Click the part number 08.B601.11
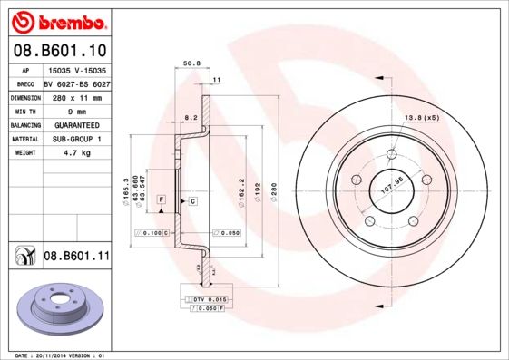(76, 258)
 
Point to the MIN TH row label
(24, 111)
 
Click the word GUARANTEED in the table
(75, 125)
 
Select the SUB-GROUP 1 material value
(75, 140)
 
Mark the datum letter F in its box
(160, 199)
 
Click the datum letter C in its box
(192, 199)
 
